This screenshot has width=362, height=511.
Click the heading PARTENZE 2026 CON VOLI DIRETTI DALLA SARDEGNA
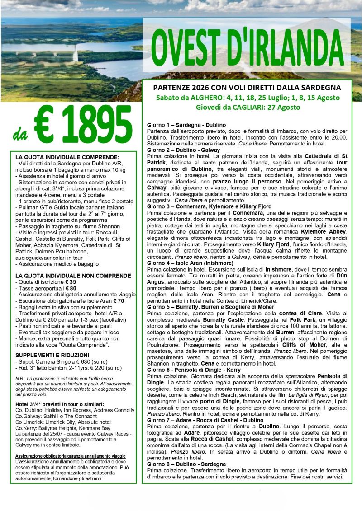(247, 88)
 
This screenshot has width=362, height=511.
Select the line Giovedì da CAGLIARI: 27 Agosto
(247, 107)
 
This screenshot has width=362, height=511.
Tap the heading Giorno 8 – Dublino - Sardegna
(186, 464)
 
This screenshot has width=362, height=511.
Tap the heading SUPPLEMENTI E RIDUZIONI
(52, 355)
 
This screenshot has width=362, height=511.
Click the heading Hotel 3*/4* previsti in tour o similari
(59, 403)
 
